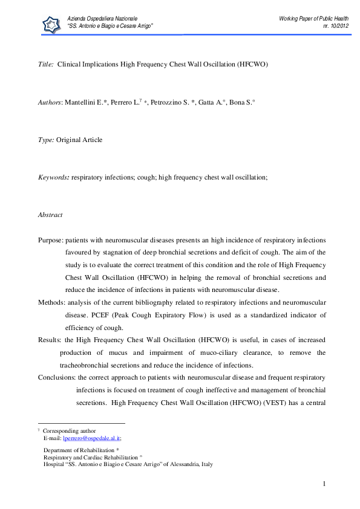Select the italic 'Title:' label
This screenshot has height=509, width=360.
point(45,64)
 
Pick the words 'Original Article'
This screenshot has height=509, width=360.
point(79,140)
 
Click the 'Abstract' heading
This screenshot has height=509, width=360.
point(50,215)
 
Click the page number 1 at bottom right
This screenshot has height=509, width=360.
point(324,483)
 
